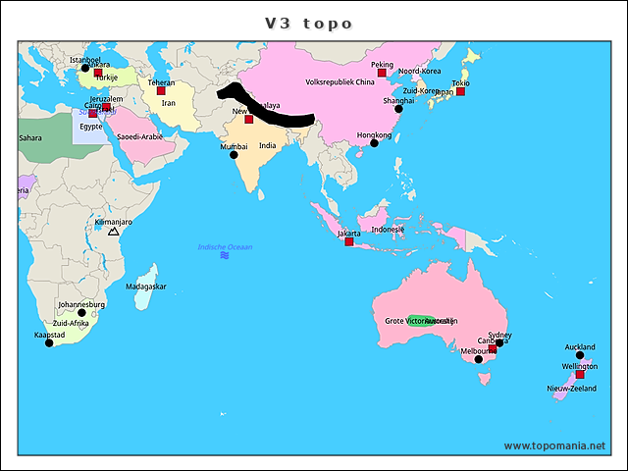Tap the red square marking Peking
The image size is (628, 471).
coord(382,74)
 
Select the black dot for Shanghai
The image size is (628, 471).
coord(398,109)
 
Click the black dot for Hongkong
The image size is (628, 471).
coord(374,143)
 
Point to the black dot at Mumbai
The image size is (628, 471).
coord(234,154)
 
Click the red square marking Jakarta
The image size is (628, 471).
coord(349,241)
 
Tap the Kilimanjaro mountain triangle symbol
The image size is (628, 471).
coord(113,232)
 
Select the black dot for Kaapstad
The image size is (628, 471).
coord(49,342)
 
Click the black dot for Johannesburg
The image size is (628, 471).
coord(81,313)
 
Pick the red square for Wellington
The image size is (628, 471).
coord(579,375)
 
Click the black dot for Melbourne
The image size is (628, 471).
coord(479,359)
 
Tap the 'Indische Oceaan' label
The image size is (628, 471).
coord(225,247)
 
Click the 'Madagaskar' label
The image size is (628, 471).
coord(145,287)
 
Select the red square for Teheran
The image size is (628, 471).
coord(161,91)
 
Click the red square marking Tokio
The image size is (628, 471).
coord(460,91)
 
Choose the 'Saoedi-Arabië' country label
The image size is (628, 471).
coord(139,136)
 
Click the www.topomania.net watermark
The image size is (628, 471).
coord(554,445)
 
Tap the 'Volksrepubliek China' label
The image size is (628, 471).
coord(340,82)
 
